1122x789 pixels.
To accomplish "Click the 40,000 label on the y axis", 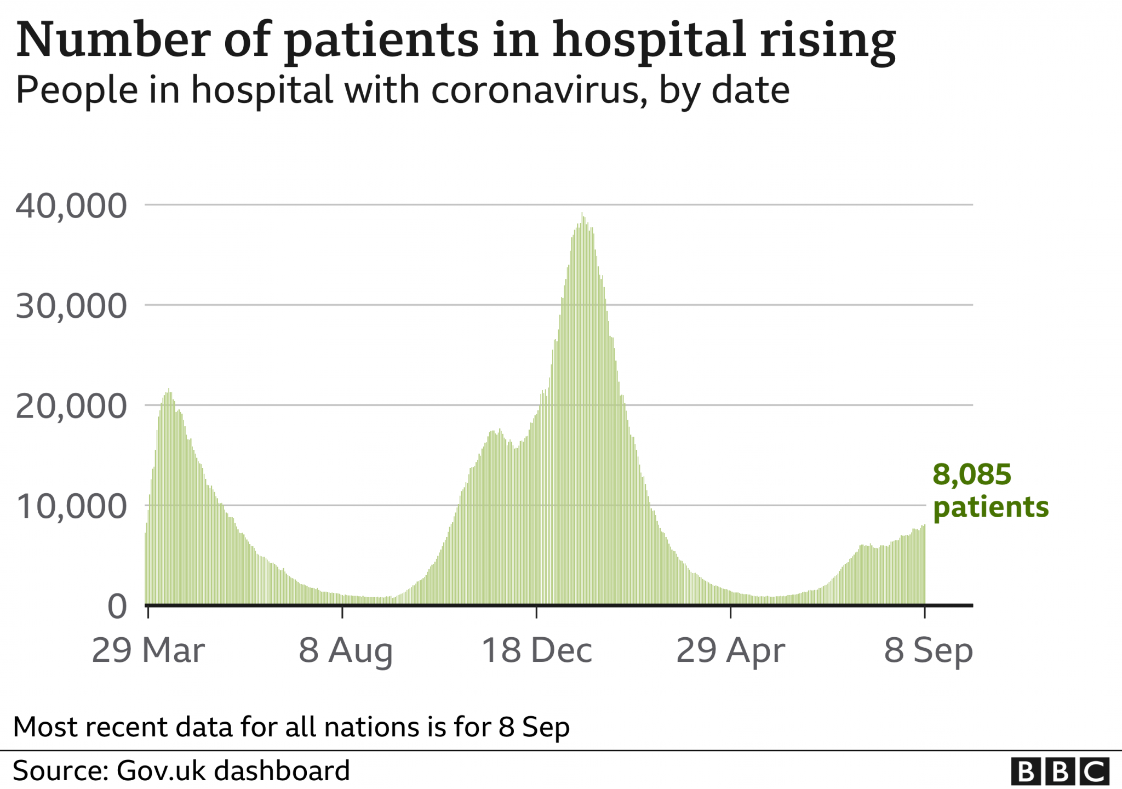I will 71,206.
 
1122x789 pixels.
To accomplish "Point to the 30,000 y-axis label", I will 71,306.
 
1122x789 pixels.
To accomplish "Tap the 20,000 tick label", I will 71,407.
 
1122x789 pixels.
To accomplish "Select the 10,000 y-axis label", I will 71,507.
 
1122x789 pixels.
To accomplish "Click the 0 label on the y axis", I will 117,607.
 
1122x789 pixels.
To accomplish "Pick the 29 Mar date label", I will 148,650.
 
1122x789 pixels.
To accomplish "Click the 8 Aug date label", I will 346,650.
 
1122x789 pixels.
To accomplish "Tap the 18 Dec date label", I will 537,650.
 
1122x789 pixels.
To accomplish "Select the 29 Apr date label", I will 731,650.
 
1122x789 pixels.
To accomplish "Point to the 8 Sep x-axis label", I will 929,650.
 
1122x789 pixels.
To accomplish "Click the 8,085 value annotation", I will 972,474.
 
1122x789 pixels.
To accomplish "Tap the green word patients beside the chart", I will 991,507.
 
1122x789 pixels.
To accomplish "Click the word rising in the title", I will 827,41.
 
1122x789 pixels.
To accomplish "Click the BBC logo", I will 1060,771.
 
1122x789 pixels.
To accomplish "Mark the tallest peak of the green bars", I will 582,214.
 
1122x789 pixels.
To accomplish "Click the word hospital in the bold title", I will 649,41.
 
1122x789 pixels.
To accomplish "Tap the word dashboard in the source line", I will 282,771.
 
